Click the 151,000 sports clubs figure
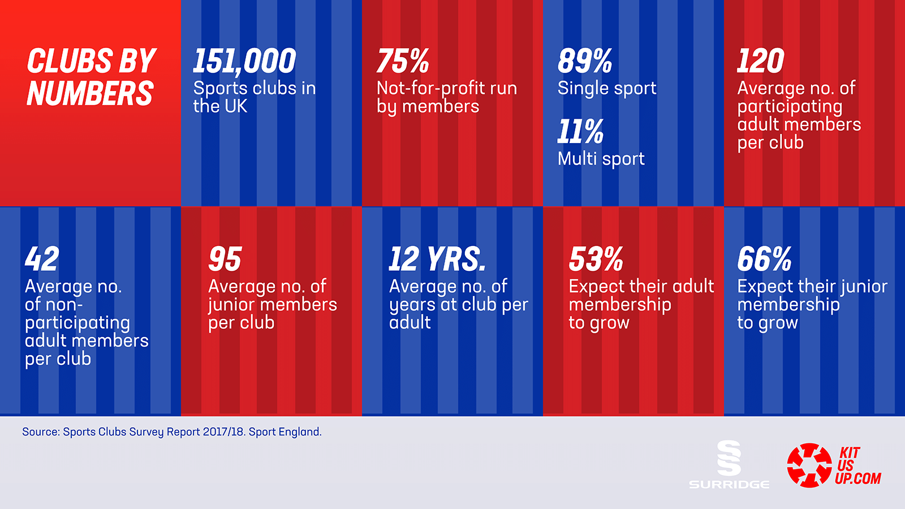[244, 61]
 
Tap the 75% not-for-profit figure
[403, 61]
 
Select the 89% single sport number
[584, 61]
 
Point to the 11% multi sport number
[580, 132]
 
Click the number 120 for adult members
[760, 61]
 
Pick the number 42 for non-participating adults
[42, 260]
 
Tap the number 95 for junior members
[225, 260]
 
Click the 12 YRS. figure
[437, 260]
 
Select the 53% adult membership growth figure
[596, 260]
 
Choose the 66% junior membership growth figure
[764, 260]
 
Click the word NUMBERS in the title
[90, 94]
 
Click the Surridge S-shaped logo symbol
[729, 458]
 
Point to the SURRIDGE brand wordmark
[729, 485]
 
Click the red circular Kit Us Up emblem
[809, 465]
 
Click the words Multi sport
[601, 159]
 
